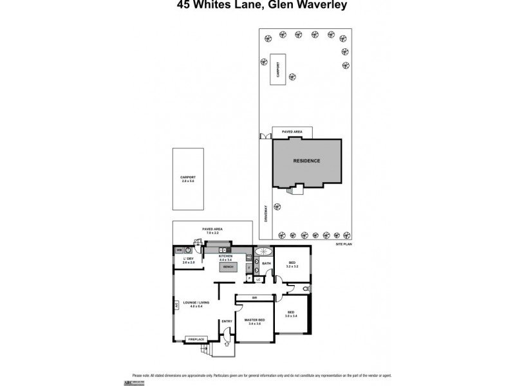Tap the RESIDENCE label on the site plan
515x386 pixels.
(306, 161)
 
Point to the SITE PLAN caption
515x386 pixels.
(344, 245)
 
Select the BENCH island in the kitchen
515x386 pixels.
(228, 266)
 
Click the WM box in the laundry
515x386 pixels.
(180, 250)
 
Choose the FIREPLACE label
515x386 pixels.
(195, 338)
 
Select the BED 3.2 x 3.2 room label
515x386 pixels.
(292, 264)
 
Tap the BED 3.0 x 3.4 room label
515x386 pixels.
(292, 314)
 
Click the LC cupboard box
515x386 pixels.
(258, 280)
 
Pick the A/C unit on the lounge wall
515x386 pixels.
(175, 305)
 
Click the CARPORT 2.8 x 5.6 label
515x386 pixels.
(188, 179)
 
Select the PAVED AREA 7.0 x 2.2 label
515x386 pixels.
(212, 230)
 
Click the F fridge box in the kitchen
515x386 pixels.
(249, 268)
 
